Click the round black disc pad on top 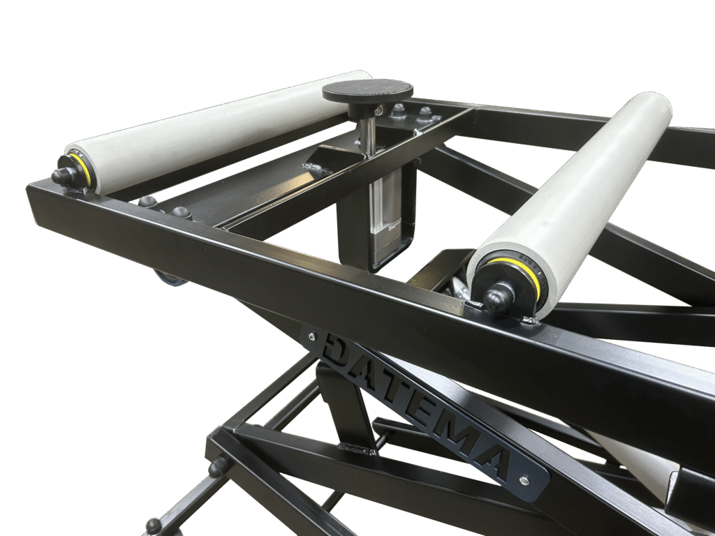coord(367,90)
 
